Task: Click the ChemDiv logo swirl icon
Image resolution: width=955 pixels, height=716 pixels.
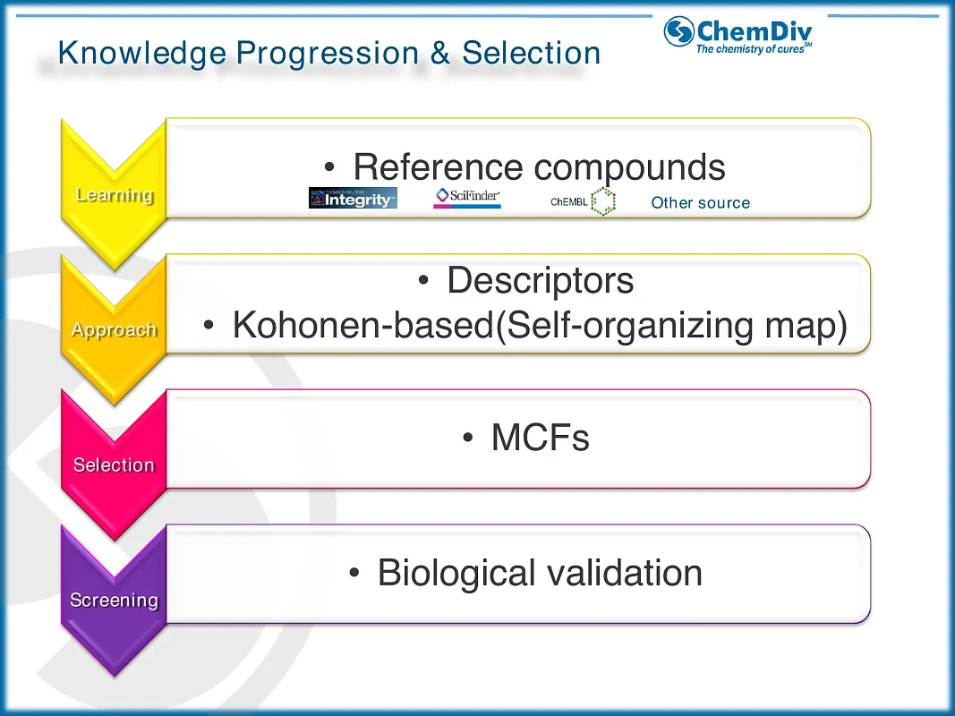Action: [x=679, y=31]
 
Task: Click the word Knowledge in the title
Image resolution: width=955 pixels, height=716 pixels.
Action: [x=141, y=53]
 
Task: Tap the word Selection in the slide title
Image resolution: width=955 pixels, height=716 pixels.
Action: [x=531, y=53]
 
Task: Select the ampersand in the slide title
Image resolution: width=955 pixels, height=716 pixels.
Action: [x=439, y=53]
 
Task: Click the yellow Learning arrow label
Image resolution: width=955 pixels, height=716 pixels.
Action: [x=114, y=194]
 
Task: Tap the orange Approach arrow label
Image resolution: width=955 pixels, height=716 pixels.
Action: [x=114, y=329]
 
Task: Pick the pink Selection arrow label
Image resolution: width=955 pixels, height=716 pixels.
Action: [x=114, y=465]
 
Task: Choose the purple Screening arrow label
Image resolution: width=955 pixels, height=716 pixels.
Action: [x=114, y=600]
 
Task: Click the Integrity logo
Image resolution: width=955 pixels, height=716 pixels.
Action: [x=353, y=199]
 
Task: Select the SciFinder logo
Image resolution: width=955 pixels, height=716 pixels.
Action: [x=467, y=198]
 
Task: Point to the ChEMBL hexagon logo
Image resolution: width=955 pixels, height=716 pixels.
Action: [x=603, y=201]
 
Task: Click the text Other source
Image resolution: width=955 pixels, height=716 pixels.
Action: [x=700, y=202]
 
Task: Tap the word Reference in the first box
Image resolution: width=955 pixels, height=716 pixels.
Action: [x=438, y=167]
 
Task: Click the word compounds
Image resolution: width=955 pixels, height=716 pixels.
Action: [x=630, y=167]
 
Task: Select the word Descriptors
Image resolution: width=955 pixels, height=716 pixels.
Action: [x=540, y=280]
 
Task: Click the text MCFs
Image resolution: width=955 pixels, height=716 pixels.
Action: [x=540, y=438]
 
